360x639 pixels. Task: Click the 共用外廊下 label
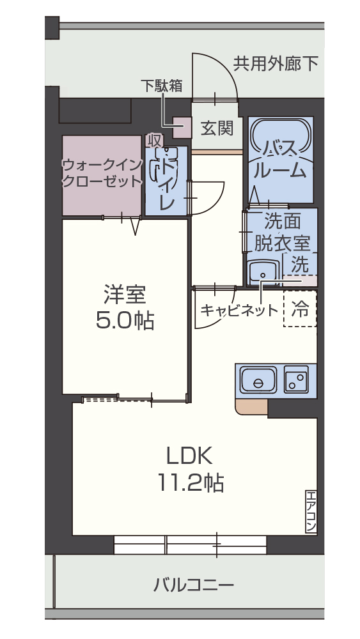[275, 64]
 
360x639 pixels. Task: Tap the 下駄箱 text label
[162, 86]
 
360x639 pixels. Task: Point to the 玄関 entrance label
[217, 128]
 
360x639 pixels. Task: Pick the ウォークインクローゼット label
[101, 173]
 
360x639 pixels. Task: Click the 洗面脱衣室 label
[282, 232]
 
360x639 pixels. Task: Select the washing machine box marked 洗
[301, 263]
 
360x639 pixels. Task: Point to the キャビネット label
[239, 311]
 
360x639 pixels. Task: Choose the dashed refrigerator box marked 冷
[300, 309]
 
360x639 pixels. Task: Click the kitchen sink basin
[258, 382]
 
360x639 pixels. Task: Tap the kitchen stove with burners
[296, 381]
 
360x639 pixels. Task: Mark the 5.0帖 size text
[125, 321]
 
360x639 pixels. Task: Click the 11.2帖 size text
[190, 482]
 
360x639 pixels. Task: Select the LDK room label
[189, 455]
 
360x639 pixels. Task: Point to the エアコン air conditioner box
[311, 511]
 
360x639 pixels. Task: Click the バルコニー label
[194, 584]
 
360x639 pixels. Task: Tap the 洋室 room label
[125, 295]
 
